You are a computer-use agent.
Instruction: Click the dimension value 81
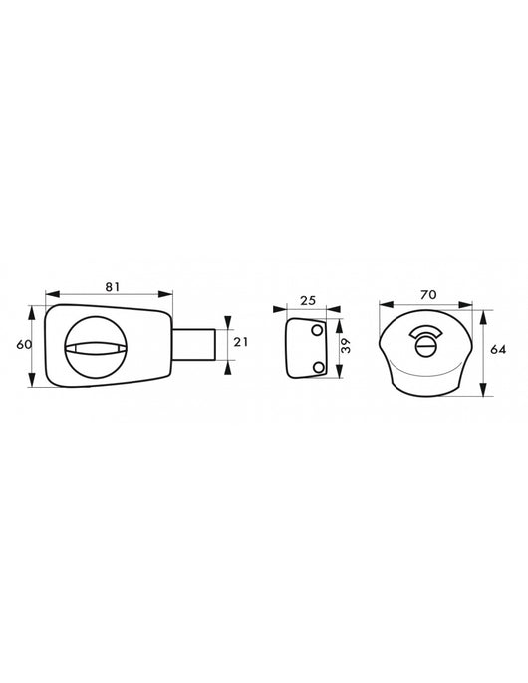click(x=112, y=286)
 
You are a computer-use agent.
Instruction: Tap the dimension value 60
click(x=24, y=345)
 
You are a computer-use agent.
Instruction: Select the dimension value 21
click(x=241, y=342)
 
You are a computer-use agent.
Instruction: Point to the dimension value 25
click(x=307, y=300)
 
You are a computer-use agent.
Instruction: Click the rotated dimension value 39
click(x=346, y=346)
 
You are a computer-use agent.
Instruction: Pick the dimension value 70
click(x=428, y=295)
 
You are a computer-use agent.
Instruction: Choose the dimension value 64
click(x=498, y=349)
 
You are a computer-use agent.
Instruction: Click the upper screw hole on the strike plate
click(x=318, y=331)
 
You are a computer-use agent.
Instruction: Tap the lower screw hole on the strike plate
click(x=318, y=368)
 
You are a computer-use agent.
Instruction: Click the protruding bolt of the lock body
click(x=193, y=344)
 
